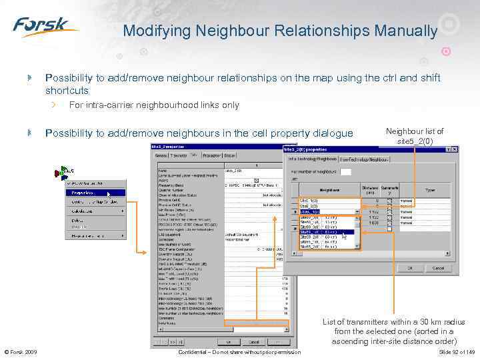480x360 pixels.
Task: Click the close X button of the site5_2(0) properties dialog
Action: [454, 150]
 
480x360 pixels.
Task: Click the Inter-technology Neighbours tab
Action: [364, 159]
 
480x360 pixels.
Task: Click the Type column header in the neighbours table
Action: [430, 190]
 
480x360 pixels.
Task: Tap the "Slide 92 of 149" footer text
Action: [456, 351]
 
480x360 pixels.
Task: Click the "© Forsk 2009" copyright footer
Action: [21, 351]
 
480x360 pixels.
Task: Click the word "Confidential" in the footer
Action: [198, 351]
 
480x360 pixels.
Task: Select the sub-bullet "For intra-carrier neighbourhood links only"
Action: [154, 105]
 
